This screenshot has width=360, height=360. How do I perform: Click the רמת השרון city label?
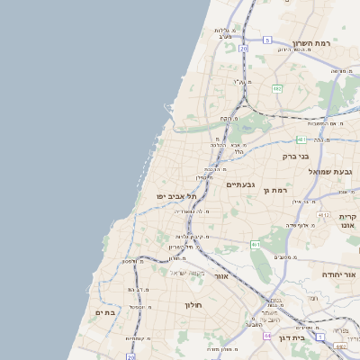click(313, 43)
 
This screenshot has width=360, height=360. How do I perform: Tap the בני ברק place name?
click(295, 156)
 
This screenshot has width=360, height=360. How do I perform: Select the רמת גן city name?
click(274, 190)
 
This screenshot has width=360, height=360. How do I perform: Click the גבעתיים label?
click(241, 184)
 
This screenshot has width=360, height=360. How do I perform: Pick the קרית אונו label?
click(349, 221)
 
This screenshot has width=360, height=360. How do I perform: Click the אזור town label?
click(220, 276)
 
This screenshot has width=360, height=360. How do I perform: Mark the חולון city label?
click(195, 305)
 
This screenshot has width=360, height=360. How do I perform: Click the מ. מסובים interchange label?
click(282, 257)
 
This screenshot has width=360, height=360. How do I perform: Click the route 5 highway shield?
click(267, 40)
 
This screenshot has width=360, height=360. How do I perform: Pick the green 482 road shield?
click(276, 88)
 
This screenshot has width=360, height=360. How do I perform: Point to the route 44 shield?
click(266, 335)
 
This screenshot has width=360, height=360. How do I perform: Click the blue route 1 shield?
click(320, 338)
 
